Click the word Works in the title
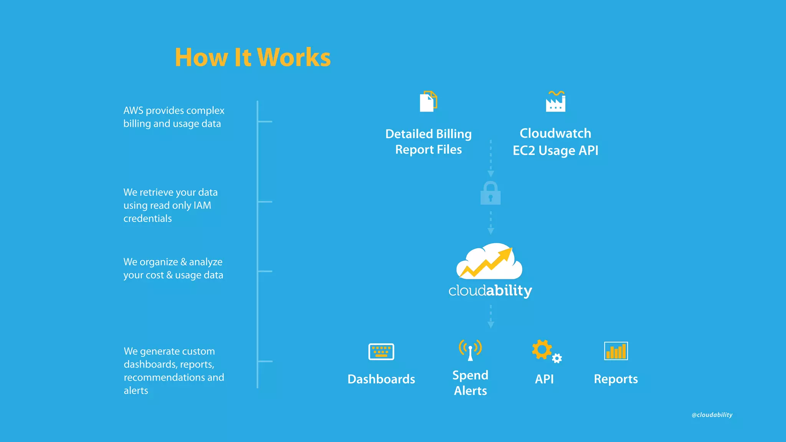[294, 58]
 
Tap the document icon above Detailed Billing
[428, 102]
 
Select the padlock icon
[490, 193]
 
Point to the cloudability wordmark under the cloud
[490, 290]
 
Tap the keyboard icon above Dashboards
[381, 351]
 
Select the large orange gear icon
[542, 349]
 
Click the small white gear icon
[557, 358]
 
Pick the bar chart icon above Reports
[616, 351]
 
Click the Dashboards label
[381, 379]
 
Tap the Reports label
[616, 379]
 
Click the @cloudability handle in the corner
[712, 415]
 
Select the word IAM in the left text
[202, 205]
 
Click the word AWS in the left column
[133, 110]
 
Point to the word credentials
[147, 218]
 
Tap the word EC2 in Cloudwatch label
[524, 150]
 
